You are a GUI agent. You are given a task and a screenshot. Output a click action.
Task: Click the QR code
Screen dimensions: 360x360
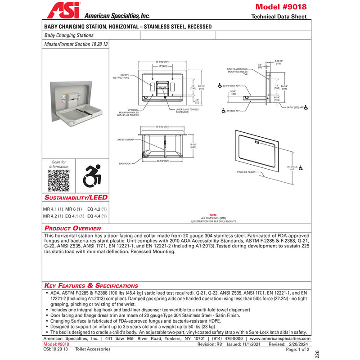click(x=58, y=181)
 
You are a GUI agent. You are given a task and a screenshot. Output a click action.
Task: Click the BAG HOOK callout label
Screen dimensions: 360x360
click(x=125, y=163)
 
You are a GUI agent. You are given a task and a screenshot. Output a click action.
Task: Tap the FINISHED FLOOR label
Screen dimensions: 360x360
click(x=246, y=172)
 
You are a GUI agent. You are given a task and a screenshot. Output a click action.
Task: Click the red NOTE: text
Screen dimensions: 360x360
click(x=213, y=215)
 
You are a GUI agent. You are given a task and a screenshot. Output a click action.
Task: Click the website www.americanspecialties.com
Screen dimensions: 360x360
click(x=279, y=338)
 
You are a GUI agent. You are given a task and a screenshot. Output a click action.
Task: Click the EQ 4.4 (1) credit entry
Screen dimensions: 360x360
click(x=97, y=216)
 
